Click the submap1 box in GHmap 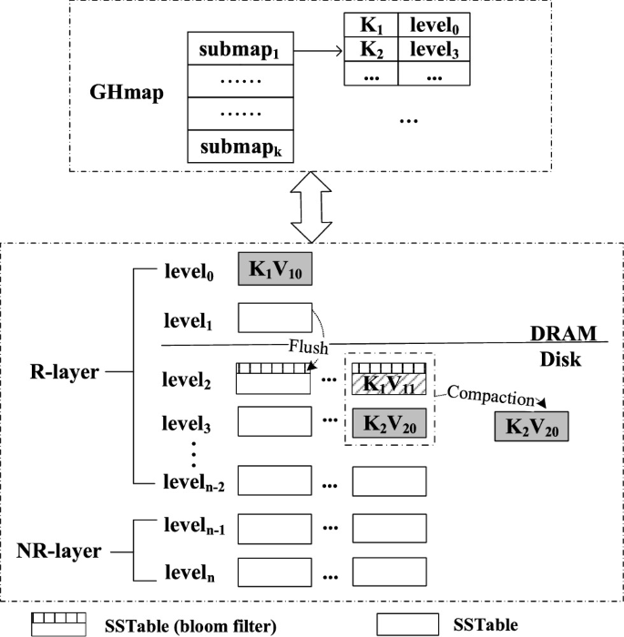pyautogui.click(x=240, y=48)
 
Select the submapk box pyautogui.click(x=240, y=147)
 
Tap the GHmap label pyautogui.click(x=127, y=94)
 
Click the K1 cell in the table pyautogui.click(x=371, y=25)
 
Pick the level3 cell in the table pyautogui.click(x=434, y=49)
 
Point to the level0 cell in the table pyautogui.click(x=434, y=25)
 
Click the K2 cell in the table pyautogui.click(x=371, y=49)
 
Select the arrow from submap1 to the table pyautogui.click(x=318, y=51)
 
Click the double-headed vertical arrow pyautogui.click(x=312, y=207)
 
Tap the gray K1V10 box pyautogui.click(x=275, y=269)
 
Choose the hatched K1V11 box pyautogui.click(x=389, y=384)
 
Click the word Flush pyautogui.click(x=308, y=347)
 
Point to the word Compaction pyautogui.click(x=491, y=396)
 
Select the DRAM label pyautogui.click(x=563, y=334)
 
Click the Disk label pyautogui.click(x=560, y=359)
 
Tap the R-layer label pyautogui.click(x=65, y=371)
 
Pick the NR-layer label pyautogui.click(x=59, y=551)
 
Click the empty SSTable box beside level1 pyautogui.click(x=275, y=318)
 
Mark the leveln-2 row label pyautogui.click(x=194, y=482)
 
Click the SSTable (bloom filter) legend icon pyautogui.click(x=59, y=624)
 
